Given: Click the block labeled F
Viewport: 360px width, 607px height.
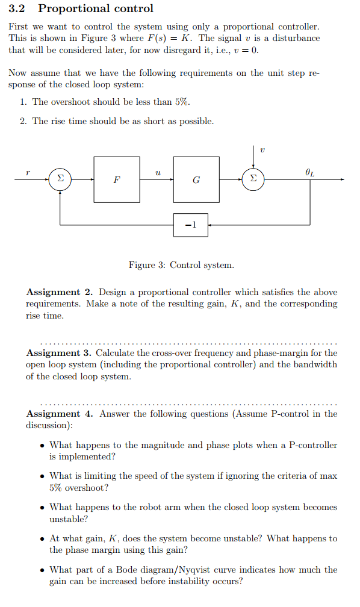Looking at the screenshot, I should pos(116,179).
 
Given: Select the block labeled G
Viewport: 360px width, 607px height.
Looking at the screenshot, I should pos(196,179).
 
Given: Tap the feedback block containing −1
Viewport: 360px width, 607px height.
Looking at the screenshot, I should pos(191,225).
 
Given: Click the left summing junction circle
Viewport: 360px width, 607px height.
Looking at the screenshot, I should pos(60,179).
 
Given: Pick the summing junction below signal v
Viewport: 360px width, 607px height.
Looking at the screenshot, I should pos(253,179).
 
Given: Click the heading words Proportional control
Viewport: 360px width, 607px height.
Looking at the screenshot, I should pos(96,8).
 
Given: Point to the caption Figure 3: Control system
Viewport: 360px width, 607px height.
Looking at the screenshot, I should pos(181,265).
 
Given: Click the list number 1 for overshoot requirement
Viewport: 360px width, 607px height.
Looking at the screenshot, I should pos(22,102).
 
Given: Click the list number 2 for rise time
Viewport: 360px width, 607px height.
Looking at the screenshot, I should pos(22,121).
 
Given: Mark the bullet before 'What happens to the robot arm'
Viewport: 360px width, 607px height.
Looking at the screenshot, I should pos(42,508).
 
